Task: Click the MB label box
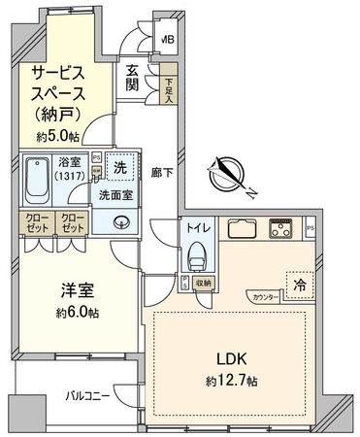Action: click(167, 41)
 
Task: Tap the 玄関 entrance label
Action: click(132, 80)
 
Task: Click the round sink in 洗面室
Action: click(121, 219)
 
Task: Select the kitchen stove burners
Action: click(282, 230)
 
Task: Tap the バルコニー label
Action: click(86, 396)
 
